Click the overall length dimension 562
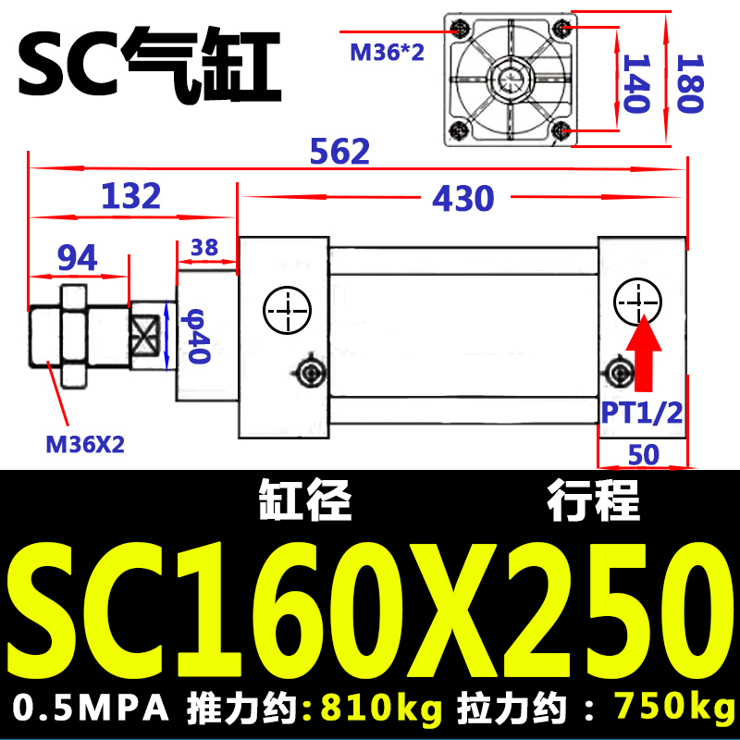pos(339,151)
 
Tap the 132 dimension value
pos(131,195)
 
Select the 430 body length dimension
pos(463,198)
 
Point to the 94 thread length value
pos(78,257)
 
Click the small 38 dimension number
pos(204,247)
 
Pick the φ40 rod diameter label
pos(198,336)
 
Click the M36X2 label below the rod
pos(85,445)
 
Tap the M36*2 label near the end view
pos(387,52)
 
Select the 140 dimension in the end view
pos(636,83)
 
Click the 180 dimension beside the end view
pos(690,83)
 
